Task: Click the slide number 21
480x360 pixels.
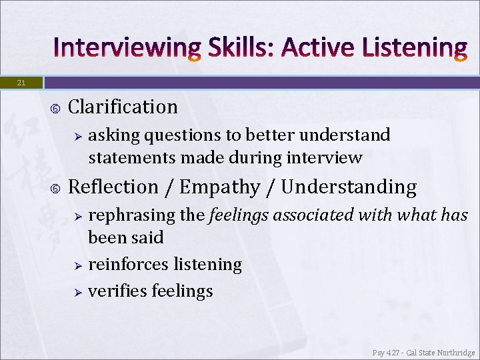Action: [x=21, y=83]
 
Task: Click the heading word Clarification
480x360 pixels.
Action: [x=123, y=107]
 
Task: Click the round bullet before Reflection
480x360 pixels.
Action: [x=55, y=188]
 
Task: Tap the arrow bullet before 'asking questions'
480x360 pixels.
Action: [x=77, y=136]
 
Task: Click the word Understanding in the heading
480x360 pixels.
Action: [x=349, y=187]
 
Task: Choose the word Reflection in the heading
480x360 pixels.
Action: [x=113, y=187]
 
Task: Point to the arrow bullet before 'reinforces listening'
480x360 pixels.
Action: [x=77, y=265]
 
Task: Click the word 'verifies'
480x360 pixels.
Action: [x=117, y=291]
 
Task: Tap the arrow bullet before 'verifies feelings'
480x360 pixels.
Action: [x=77, y=292]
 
